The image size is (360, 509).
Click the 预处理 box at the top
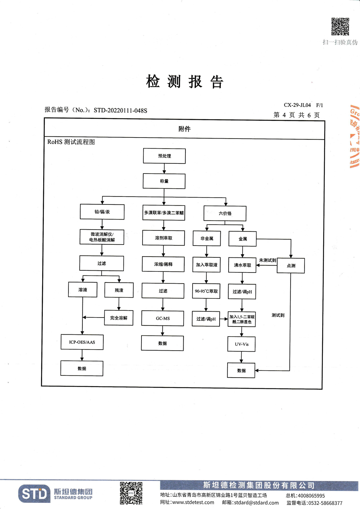[x=164, y=156]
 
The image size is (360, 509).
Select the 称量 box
[x=164, y=181]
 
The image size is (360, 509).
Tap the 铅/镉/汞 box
[x=102, y=212]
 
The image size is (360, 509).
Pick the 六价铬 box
[x=225, y=213]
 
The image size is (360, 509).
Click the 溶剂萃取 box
[x=163, y=238]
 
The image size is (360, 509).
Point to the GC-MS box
[x=163, y=318]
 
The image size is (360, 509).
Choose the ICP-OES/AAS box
[x=82, y=342]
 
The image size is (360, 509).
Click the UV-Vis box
[x=242, y=344]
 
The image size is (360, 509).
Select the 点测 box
[x=291, y=266]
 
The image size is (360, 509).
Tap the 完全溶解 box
[x=119, y=318]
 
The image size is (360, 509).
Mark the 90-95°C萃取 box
[x=206, y=291]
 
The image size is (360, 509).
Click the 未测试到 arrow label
[x=267, y=260]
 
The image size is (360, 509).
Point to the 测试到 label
[x=278, y=315]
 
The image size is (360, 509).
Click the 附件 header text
[x=184, y=129]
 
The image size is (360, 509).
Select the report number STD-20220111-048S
[x=120, y=111]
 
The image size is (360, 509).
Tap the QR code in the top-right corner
[x=340, y=27]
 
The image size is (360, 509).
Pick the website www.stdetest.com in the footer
[x=193, y=503]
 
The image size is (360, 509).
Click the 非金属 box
[x=207, y=238]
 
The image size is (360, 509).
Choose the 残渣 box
[x=119, y=290]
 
